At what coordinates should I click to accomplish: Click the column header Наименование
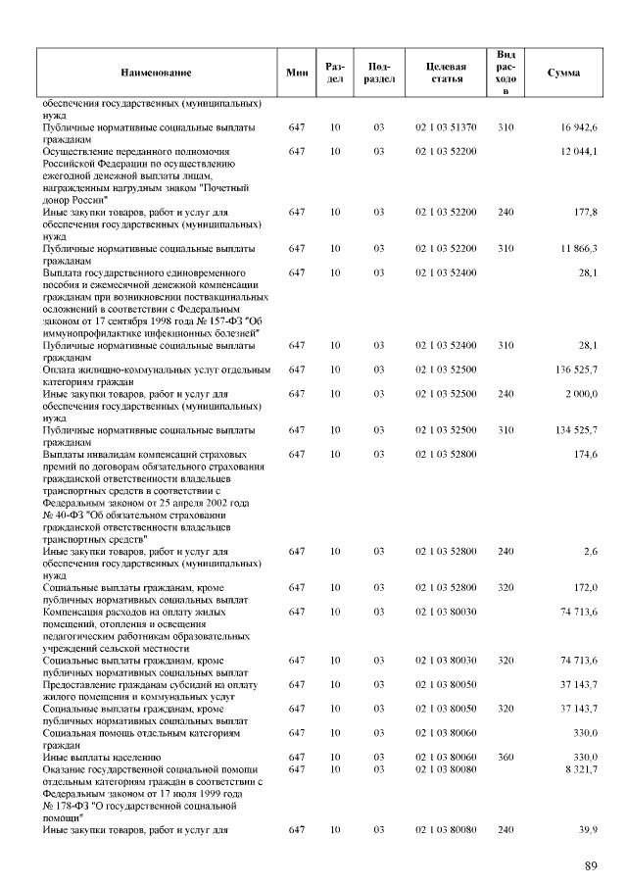[x=156, y=73]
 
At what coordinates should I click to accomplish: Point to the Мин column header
[x=297, y=73]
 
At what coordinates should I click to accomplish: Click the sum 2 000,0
[x=581, y=394]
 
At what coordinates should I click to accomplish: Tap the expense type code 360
[x=506, y=758]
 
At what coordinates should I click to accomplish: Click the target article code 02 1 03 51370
[x=446, y=127]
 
